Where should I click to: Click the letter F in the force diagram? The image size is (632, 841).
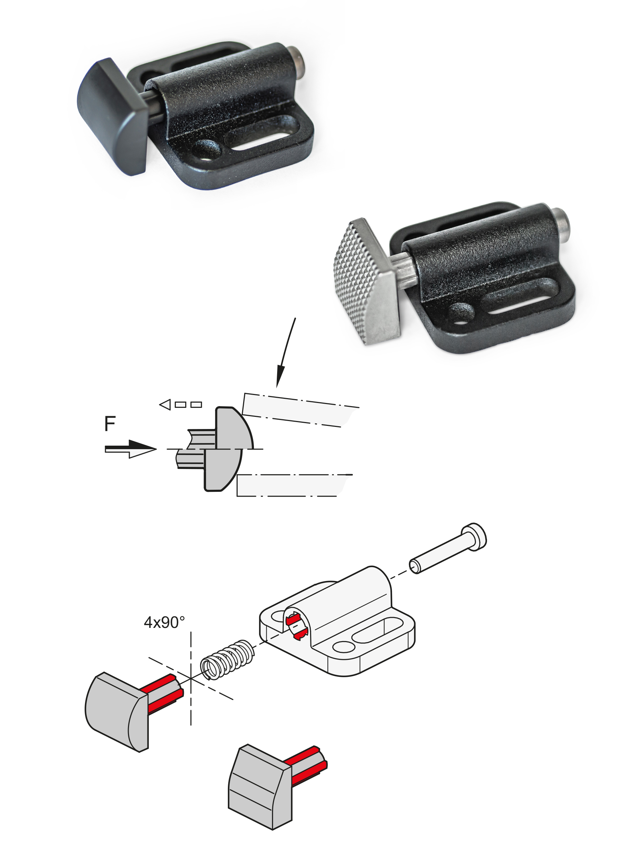pos(110,423)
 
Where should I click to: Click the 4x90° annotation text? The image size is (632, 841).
pos(164,622)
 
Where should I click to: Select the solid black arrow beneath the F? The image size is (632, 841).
pos(130,449)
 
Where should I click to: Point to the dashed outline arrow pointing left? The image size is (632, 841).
pos(180,404)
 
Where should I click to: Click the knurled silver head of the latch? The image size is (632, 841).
pos(367,281)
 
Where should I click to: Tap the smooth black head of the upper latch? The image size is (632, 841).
pos(113,117)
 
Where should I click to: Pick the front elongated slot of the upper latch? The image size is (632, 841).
pos(262,137)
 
